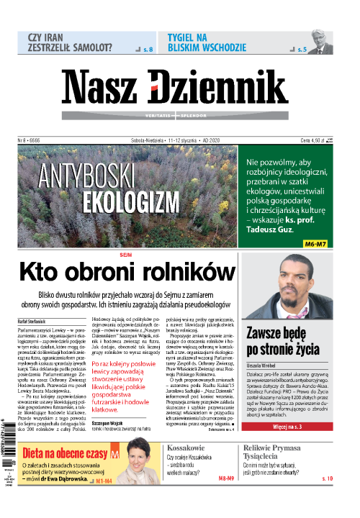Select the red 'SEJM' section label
click(x=127, y=255)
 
